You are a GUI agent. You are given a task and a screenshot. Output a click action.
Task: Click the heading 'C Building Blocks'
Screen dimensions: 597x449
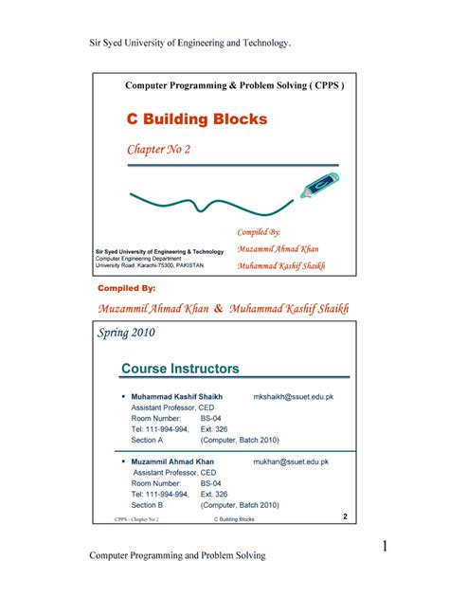pos(197,119)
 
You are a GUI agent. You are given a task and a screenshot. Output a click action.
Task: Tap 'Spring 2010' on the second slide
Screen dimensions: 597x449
pos(131,334)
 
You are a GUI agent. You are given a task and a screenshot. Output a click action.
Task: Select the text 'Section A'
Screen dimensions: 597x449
pos(148,441)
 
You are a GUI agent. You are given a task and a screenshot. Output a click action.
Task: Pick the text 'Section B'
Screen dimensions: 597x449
pos(148,505)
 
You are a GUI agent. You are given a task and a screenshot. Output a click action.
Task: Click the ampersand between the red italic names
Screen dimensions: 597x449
pos(218,309)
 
